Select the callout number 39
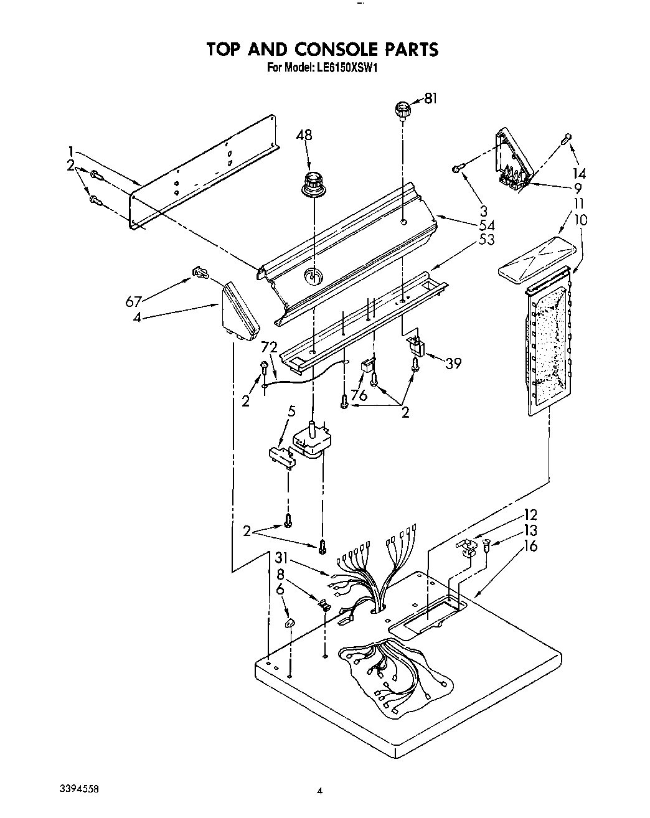coord(454,364)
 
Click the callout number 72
coord(269,347)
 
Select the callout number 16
coord(530,546)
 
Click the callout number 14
coord(579,174)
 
